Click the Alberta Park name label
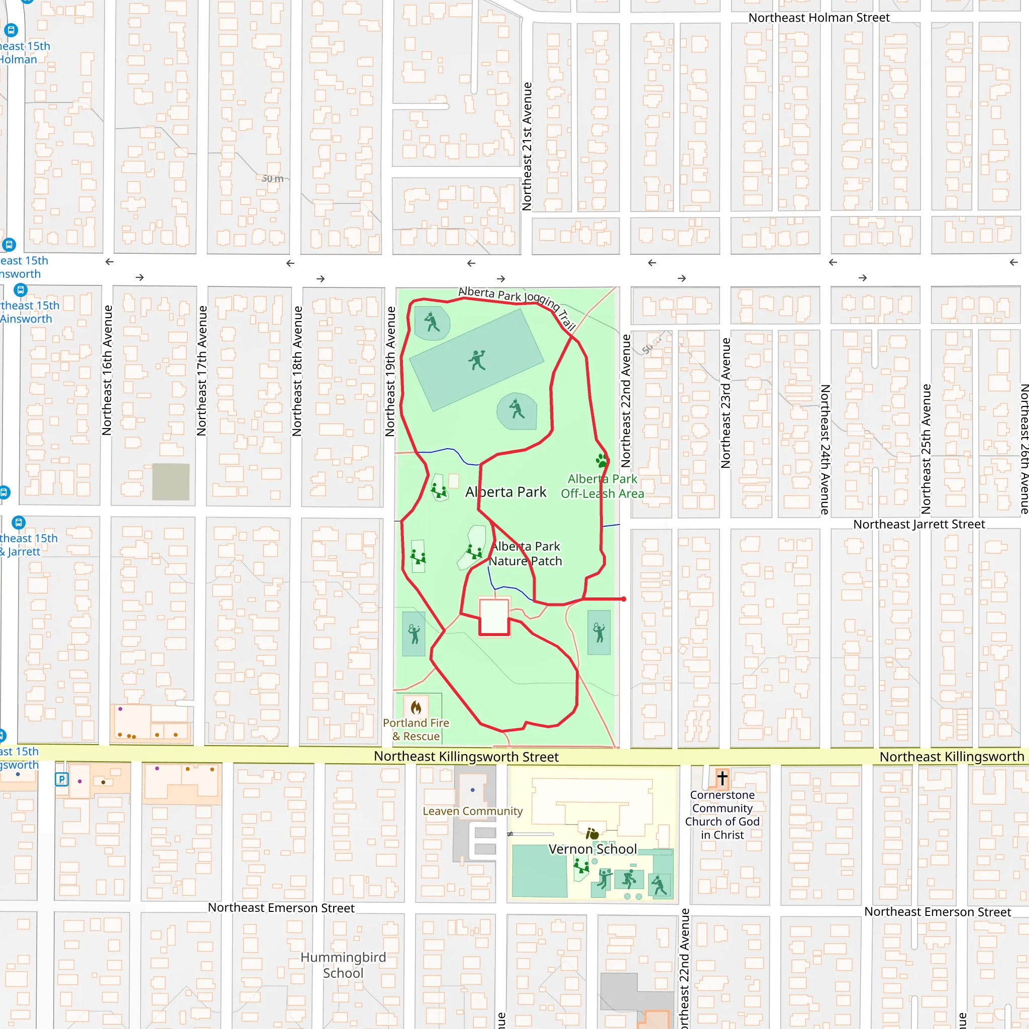(505, 491)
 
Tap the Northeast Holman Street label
(818, 18)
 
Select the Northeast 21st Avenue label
(527, 147)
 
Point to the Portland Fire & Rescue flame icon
(416, 707)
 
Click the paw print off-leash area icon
(602, 460)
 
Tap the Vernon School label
(592, 849)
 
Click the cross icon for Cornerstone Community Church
(722, 778)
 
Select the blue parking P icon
(62, 780)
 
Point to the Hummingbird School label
(343, 965)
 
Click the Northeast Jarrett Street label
(919, 524)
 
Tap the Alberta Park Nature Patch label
(526, 553)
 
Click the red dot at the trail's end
(624, 599)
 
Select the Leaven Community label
(472, 810)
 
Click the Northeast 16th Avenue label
(107, 370)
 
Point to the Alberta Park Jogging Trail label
(517, 305)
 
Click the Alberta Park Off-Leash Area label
(602, 486)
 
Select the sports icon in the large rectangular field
(477, 361)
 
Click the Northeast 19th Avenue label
(390, 371)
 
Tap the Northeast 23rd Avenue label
(726, 402)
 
